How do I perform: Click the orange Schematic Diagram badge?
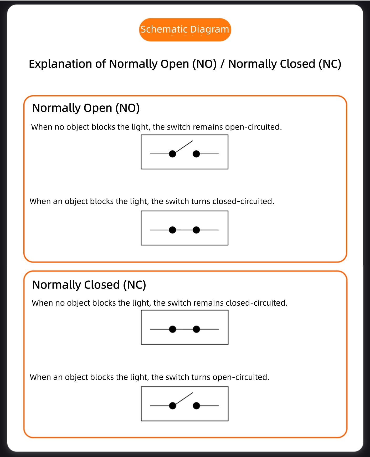185,30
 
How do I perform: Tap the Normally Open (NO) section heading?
86,108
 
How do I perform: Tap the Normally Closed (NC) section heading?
89,285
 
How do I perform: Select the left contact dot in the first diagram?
172,154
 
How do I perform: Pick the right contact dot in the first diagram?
196,154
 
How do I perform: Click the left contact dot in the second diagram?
172,230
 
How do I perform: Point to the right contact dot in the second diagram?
196,230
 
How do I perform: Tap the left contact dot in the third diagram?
173,329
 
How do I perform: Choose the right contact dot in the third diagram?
196,329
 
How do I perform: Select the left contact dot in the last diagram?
173,406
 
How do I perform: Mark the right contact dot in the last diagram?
196,406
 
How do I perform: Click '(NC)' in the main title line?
330,64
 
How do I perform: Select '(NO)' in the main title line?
204,64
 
